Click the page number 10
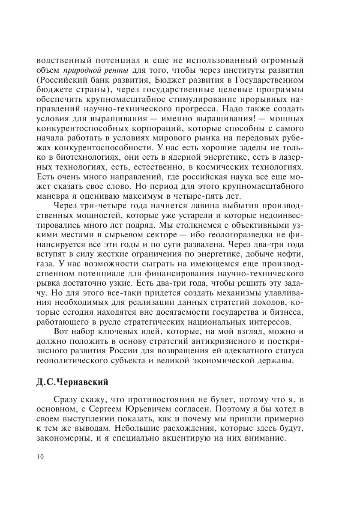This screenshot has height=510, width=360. [40, 457]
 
